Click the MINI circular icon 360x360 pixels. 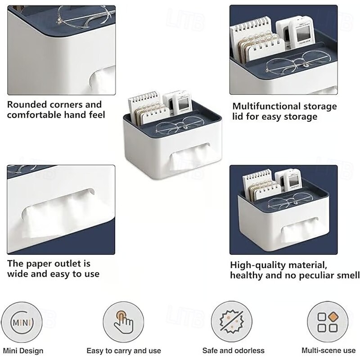[21, 322]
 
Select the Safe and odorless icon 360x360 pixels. [231, 322]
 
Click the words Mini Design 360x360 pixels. [22, 351]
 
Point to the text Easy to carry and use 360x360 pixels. [123, 351]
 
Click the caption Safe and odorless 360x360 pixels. [233, 351]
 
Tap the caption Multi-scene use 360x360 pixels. [328, 351]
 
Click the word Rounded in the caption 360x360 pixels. [27, 105]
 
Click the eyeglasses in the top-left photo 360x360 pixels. [85, 16]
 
